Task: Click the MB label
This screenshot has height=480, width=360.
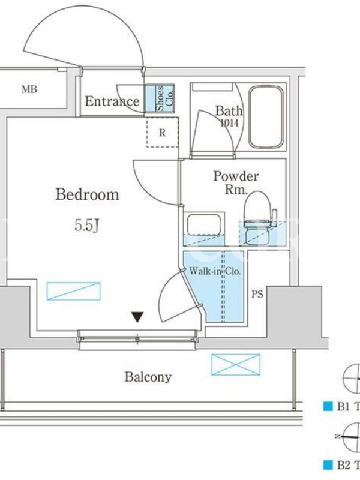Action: pos(29,89)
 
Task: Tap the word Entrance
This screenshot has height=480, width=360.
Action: pos(112,101)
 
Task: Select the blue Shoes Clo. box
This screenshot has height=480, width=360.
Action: pos(159,98)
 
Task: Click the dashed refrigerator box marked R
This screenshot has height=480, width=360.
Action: pos(162,133)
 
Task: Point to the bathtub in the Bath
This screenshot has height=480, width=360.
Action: pos(266,117)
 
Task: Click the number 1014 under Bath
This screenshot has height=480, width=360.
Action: pos(229,123)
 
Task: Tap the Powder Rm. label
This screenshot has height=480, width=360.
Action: pos(236,183)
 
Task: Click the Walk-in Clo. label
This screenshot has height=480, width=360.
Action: pos(215,271)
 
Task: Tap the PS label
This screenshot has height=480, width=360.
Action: pos(257,294)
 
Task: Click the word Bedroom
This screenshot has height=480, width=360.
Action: pos(87,194)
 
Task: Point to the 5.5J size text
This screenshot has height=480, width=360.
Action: pos(86,226)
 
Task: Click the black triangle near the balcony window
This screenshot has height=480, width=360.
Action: pos(137,317)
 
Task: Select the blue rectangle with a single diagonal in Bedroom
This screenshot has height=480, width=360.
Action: pos(73,291)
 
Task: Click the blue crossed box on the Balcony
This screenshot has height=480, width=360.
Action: pos(236,365)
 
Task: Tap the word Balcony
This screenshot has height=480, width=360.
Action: pos(148,377)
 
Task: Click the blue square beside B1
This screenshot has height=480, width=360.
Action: pos(328,407)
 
